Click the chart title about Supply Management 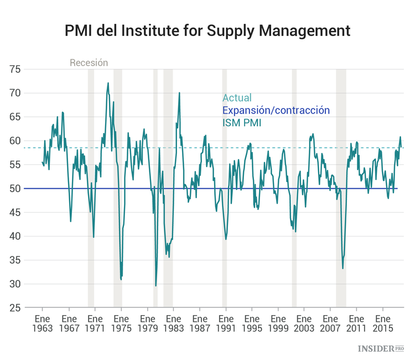tap(207, 30)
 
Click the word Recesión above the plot tap(89, 63)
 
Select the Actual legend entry tap(237, 98)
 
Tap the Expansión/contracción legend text tap(276, 110)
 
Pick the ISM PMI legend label tap(242, 122)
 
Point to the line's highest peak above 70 tap(108, 83)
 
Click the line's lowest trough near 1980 tap(156, 286)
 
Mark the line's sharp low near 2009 tap(343, 269)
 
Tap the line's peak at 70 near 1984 tap(179, 92)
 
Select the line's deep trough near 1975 tap(121, 279)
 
